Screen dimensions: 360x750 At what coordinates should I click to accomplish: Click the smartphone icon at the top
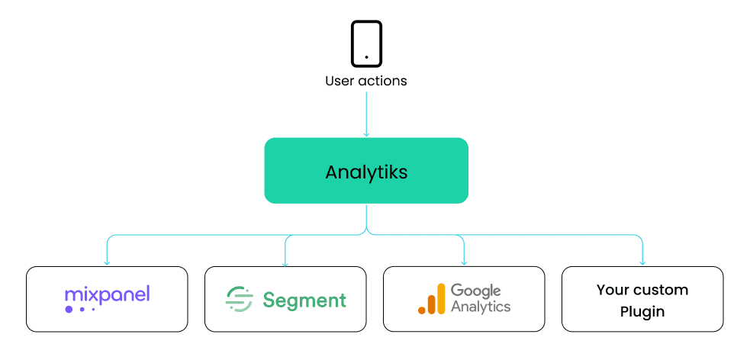(366, 43)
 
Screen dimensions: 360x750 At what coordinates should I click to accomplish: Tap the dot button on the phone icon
(366, 57)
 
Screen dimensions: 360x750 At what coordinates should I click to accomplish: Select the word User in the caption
(340, 80)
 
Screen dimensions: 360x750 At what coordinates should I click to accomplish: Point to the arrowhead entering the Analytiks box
(366, 134)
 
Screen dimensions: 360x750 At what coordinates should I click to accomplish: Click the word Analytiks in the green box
(366, 172)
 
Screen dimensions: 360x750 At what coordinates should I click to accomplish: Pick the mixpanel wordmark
(107, 294)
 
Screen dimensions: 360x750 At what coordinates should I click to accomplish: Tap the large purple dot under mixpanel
(69, 309)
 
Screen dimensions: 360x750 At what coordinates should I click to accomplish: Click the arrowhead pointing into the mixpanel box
(107, 263)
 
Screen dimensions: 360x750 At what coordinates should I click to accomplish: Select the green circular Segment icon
(240, 299)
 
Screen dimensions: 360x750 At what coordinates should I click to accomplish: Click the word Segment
(304, 300)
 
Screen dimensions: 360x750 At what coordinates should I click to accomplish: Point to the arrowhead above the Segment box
(285, 263)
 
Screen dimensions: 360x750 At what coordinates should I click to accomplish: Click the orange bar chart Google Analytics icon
(431, 299)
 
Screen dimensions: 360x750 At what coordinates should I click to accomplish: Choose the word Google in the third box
(475, 291)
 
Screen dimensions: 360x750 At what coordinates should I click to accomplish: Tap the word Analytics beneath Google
(481, 307)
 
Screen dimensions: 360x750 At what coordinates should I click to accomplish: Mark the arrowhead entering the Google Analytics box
(464, 263)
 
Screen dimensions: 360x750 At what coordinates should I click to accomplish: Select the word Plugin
(642, 311)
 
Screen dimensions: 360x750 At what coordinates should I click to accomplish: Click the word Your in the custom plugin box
(612, 290)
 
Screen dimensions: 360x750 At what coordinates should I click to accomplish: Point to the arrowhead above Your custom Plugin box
(642, 263)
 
